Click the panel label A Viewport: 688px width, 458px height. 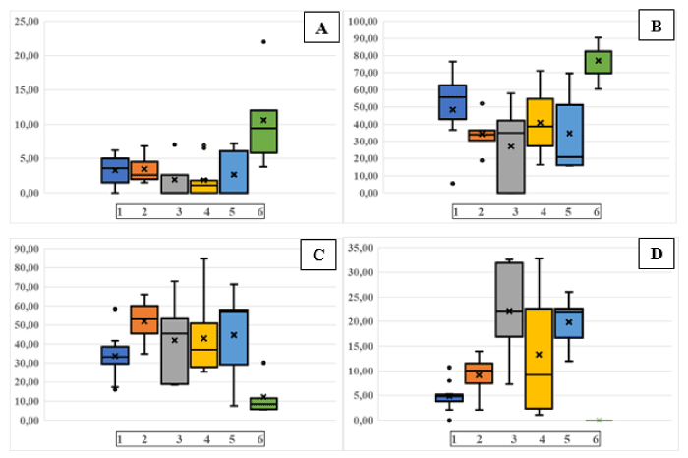click(320, 29)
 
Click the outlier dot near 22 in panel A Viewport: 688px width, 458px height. click(263, 41)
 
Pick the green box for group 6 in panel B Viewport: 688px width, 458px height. click(599, 62)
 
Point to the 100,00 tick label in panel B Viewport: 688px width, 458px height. click(364, 21)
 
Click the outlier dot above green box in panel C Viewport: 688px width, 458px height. click(263, 363)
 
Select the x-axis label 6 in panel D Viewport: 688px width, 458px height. click(599, 437)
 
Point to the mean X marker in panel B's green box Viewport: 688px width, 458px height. click(599, 61)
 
